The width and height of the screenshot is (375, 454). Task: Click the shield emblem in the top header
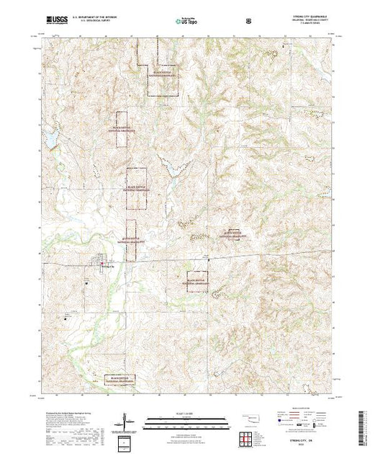(248, 21)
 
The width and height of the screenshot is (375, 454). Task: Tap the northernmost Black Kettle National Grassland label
(161, 73)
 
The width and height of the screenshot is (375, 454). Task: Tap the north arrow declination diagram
(127, 419)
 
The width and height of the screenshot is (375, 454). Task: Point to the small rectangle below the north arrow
(127, 441)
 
